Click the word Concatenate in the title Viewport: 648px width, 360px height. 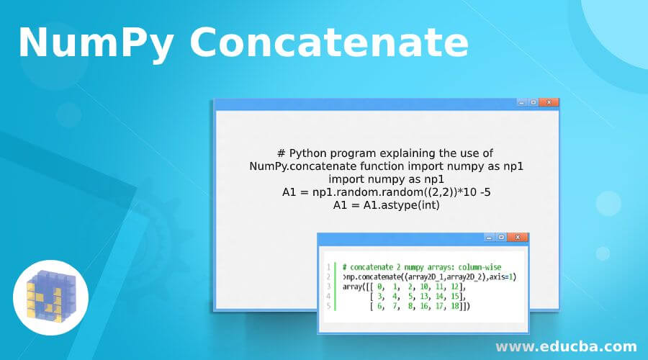click(329, 42)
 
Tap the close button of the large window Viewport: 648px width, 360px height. click(549, 102)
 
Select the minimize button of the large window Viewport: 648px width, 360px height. click(521, 102)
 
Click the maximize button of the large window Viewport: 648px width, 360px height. click(533, 102)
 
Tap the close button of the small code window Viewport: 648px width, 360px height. click(518, 238)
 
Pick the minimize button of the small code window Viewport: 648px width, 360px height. click(490, 238)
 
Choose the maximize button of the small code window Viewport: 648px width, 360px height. click(501, 238)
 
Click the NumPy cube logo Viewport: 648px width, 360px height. click(50, 297)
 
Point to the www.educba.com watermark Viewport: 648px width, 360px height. click(566, 346)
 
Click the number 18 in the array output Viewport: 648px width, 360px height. click(454, 306)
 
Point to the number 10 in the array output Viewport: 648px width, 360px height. click(424, 287)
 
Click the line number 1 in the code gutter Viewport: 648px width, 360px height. click(328, 267)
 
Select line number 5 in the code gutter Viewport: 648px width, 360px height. click(328, 306)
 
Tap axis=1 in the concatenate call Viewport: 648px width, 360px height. click(501, 277)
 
